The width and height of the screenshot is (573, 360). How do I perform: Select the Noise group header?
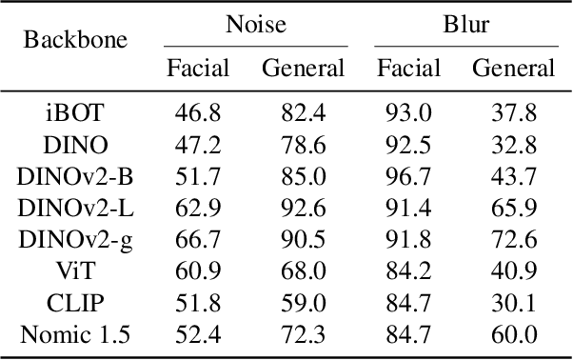click(x=256, y=23)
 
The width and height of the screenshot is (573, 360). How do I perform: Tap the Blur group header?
click(x=465, y=23)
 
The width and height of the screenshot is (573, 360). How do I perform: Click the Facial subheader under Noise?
click(x=198, y=68)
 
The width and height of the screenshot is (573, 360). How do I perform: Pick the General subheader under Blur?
click(x=513, y=68)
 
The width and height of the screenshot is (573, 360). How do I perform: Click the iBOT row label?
click(x=73, y=114)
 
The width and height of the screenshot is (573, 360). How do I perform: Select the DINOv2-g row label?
click(x=73, y=240)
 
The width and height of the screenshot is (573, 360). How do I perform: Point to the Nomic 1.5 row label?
click(x=73, y=334)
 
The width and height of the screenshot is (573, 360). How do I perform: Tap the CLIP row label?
click(x=73, y=303)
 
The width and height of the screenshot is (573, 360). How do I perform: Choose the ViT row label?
click(x=73, y=271)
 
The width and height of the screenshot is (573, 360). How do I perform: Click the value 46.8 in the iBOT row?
click(x=198, y=114)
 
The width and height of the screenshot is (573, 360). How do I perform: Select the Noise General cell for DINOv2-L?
click(x=303, y=209)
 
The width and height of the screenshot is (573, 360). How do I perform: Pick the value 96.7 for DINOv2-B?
click(x=408, y=177)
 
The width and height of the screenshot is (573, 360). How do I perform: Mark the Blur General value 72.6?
click(x=513, y=240)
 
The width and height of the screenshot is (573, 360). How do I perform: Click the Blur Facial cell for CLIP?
click(x=408, y=303)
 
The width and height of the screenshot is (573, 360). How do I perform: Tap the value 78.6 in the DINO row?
click(x=303, y=146)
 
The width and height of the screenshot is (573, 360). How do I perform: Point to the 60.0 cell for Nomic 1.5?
click(x=513, y=334)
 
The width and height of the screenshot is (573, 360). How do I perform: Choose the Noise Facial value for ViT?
click(x=198, y=271)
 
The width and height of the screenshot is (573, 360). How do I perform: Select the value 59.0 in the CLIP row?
click(x=303, y=303)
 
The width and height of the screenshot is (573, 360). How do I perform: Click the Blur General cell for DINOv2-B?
click(x=513, y=177)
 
